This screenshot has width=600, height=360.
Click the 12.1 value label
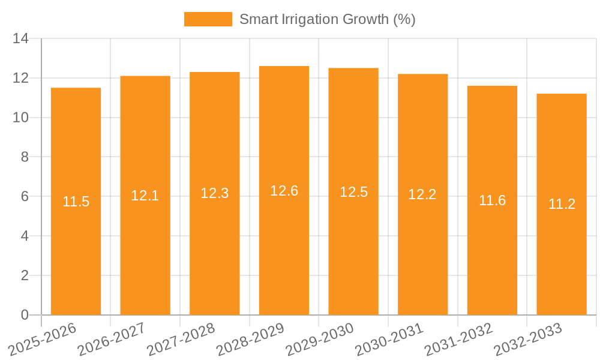[145, 196]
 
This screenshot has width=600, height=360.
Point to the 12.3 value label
[214, 193]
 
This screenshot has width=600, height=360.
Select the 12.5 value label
[353, 192]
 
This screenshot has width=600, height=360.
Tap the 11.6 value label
[492, 200]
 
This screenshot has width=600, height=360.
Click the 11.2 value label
[562, 204]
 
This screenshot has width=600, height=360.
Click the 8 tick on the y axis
[25, 157]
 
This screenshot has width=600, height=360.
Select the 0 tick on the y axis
[25, 315]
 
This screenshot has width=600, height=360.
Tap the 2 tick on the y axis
[25, 275]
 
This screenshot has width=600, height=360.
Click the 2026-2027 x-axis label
[112, 339]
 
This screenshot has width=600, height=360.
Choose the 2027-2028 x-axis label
[181, 339]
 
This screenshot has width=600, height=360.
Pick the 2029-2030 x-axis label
[320, 339]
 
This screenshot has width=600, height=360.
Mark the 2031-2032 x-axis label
[458, 339]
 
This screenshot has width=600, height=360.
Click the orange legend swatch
[208, 19]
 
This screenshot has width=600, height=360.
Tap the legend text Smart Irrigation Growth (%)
[327, 19]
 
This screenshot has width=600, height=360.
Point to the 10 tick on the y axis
[21, 118]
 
